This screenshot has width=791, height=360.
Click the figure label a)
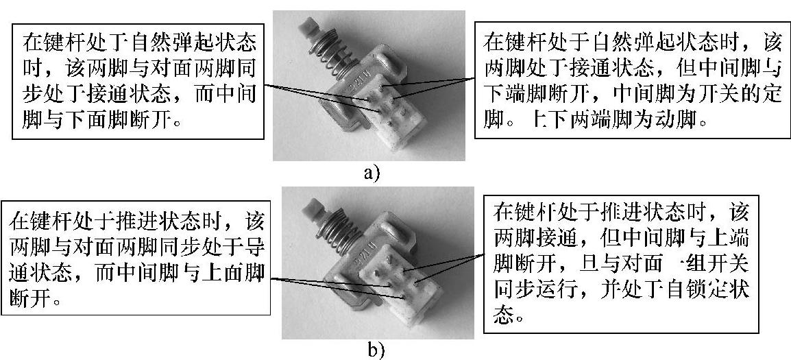pos(371,171)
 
